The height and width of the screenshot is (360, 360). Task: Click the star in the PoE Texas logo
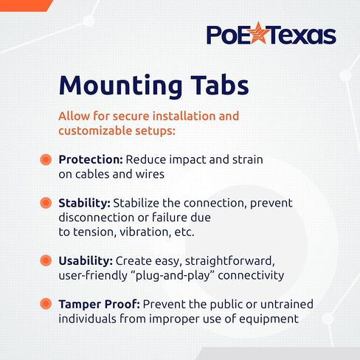pyautogui.click(x=258, y=33)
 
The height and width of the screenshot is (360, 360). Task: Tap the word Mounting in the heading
pyautogui.click(x=120, y=86)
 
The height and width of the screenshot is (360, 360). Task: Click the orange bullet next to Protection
pyautogui.click(x=46, y=159)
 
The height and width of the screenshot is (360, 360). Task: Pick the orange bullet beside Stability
pyautogui.click(x=46, y=203)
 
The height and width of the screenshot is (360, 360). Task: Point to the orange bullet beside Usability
pyautogui.click(x=46, y=260)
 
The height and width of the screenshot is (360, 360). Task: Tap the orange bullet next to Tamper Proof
pyautogui.click(x=46, y=304)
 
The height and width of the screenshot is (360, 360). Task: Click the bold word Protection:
pyautogui.click(x=91, y=160)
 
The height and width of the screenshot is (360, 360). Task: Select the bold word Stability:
pyautogui.click(x=85, y=204)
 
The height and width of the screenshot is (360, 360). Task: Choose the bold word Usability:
pyautogui.click(x=86, y=261)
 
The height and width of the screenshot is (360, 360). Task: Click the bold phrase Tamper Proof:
pyautogui.click(x=100, y=305)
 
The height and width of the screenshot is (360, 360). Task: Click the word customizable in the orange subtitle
pyautogui.click(x=95, y=131)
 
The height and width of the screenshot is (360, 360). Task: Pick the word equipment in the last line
pyautogui.click(x=269, y=319)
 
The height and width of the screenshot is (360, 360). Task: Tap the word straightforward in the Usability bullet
pyautogui.click(x=230, y=261)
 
